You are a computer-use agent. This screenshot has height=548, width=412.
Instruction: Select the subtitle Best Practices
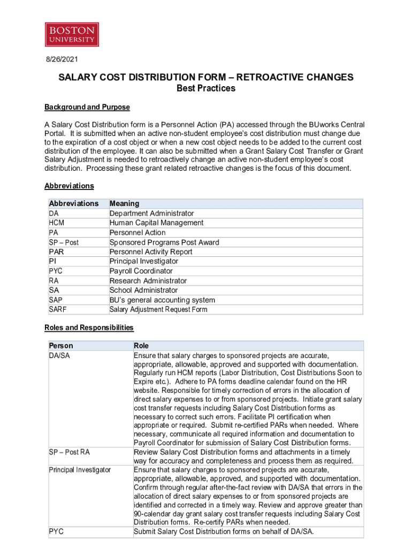(x=205, y=88)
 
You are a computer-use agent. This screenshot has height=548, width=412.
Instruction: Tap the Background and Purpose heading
(x=87, y=107)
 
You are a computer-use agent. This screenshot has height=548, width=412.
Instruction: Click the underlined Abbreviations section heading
(x=69, y=186)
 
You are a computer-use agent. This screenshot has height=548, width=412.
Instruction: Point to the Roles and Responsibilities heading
(x=89, y=328)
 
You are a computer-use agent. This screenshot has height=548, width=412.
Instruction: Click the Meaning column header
(x=124, y=203)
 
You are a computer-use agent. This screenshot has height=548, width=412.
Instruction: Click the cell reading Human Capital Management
(x=156, y=223)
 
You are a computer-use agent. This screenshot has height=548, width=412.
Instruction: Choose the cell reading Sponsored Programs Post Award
(x=164, y=242)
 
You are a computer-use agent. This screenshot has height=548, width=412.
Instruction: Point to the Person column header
(x=60, y=346)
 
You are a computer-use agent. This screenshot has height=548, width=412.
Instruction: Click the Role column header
(x=141, y=346)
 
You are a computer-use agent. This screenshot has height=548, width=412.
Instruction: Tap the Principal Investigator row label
(x=80, y=469)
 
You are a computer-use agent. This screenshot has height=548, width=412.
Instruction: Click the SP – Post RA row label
(x=69, y=452)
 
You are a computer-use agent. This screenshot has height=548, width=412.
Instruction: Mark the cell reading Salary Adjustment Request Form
(x=158, y=309)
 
